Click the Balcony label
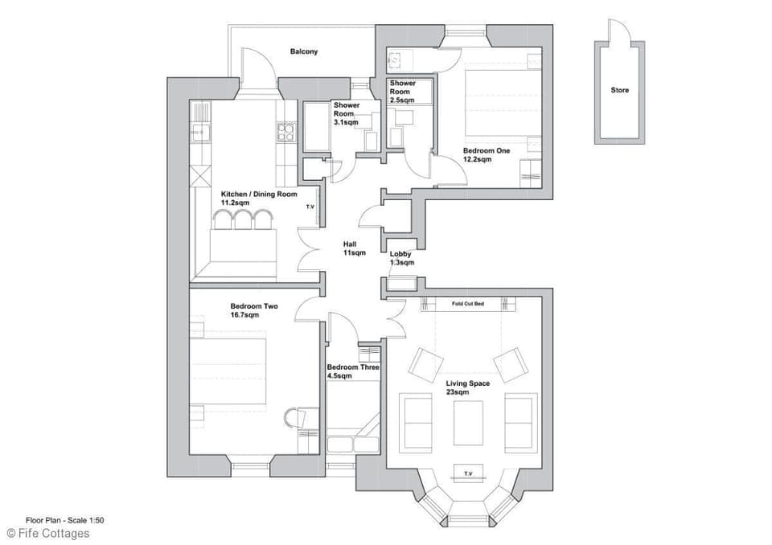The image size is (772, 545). (304, 52)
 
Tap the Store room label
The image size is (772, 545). (618, 91)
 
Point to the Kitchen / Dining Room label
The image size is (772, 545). (259, 199)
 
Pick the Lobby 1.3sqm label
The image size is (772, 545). (401, 258)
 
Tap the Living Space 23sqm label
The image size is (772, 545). (468, 387)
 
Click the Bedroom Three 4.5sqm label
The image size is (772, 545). (353, 371)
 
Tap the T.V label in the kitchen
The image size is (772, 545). (310, 207)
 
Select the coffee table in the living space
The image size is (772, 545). (468, 422)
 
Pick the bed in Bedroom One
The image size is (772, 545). (499, 101)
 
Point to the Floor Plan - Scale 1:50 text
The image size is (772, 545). (64, 520)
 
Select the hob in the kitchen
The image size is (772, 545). (286, 132)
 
